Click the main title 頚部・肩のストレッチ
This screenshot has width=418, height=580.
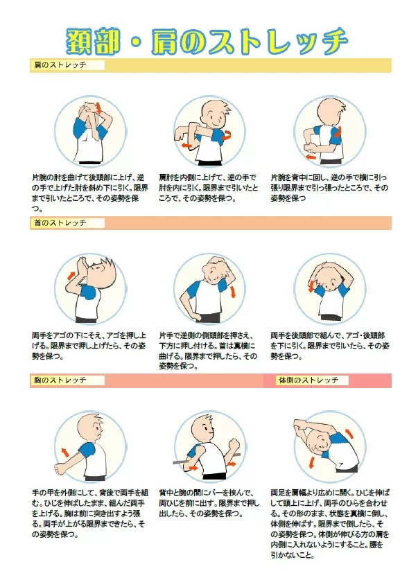pyautogui.click(x=207, y=41)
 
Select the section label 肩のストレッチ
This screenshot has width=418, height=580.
pyautogui.click(x=60, y=65)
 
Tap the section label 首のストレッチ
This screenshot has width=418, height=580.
pyautogui.click(x=60, y=222)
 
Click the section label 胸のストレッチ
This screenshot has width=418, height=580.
pyautogui.click(x=60, y=380)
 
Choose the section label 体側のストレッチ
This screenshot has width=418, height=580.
pyautogui.click(x=309, y=380)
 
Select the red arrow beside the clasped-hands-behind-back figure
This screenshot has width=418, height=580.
pyautogui.click(x=65, y=452)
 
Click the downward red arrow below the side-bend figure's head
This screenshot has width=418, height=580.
pyautogui.click(x=312, y=463)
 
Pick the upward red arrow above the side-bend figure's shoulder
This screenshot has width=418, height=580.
pyautogui.click(x=349, y=433)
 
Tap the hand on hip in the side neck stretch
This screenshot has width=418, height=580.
pyautogui.click(x=197, y=317)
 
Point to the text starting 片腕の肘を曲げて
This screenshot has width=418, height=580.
pyautogui.click(x=90, y=193)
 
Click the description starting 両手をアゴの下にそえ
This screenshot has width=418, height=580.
pyautogui.click(x=89, y=346)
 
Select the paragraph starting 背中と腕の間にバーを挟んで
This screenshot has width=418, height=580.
pyautogui.click(x=209, y=504)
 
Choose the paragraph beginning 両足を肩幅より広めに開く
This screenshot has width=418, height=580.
pyautogui.click(x=330, y=524)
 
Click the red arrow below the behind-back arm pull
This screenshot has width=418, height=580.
pyautogui.click(x=311, y=157)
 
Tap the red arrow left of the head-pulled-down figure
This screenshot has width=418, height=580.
pyautogui.click(x=311, y=286)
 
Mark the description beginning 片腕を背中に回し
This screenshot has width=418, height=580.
pyautogui.click(x=329, y=188)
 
